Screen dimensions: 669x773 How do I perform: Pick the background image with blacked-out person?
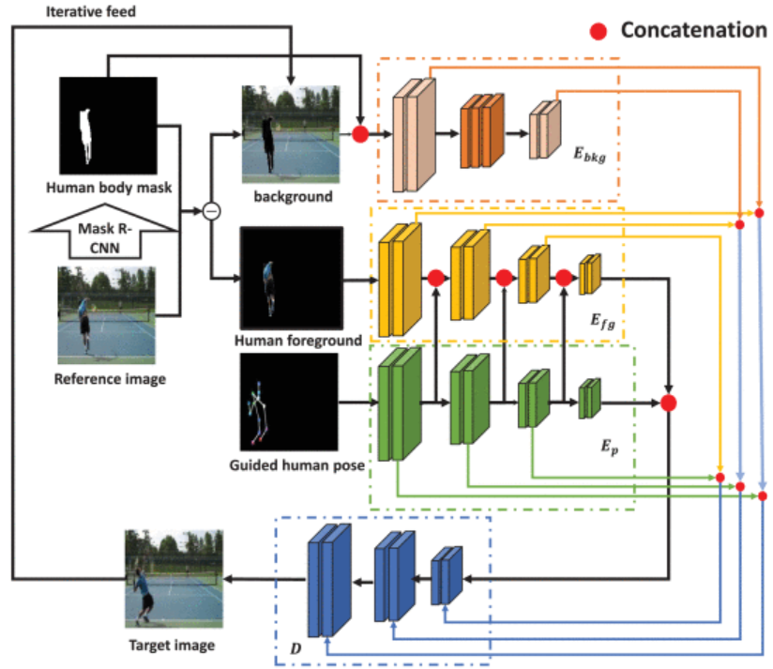(x=290, y=133)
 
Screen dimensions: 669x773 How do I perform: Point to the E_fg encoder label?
(x=600, y=322)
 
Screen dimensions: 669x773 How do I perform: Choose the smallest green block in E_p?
(x=589, y=398)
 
